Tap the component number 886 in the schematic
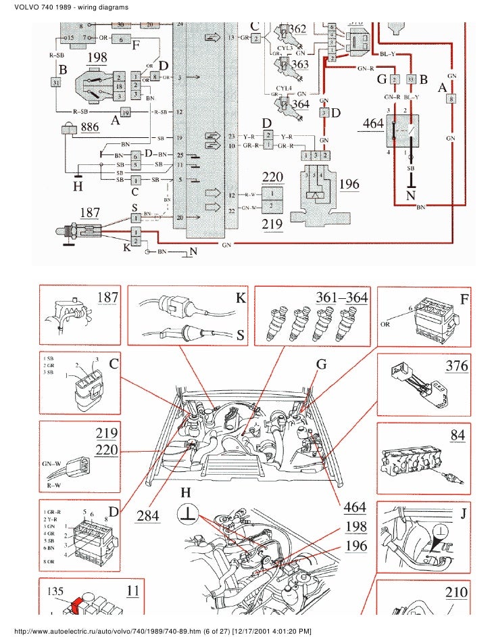point(94,127)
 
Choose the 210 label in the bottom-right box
point(456,592)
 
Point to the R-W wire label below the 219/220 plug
point(55,485)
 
